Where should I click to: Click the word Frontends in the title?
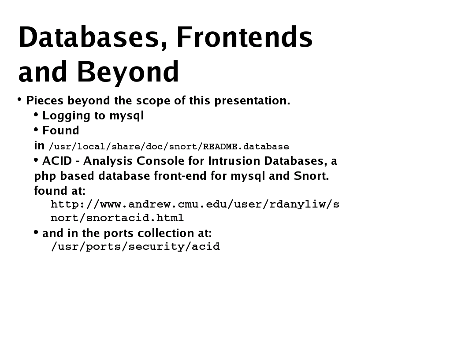point(244,37)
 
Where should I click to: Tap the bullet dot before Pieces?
point(20,100)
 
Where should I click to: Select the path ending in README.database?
point(169,146)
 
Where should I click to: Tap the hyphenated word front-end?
point(181,176)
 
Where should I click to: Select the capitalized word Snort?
point(311,176)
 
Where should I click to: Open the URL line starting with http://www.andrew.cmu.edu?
point(194,204)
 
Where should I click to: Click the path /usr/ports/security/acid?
point(135,246)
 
